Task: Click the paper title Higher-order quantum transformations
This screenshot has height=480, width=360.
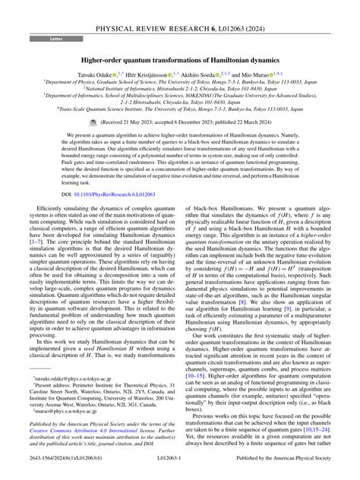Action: click(179, 58)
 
